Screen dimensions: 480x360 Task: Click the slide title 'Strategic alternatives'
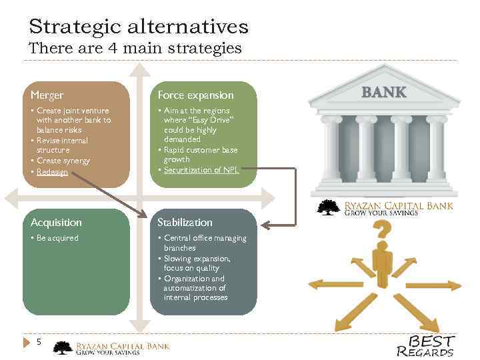[139, 27]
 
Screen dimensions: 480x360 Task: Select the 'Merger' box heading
[47, 95]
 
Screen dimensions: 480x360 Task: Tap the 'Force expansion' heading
[195, 95]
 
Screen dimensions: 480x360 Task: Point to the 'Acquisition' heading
[56, 222]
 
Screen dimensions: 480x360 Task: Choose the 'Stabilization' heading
[185, 222]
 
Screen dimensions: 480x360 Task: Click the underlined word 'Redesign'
[52, 171]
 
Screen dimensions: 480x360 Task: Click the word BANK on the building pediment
[383, 92]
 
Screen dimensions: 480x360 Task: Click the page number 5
[39, 342]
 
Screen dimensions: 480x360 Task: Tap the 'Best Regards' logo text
[427, 345]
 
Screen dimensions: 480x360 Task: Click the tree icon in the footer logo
[63, 348]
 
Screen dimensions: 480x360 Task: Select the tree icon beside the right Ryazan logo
[328, 207]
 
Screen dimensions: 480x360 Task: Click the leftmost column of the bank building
[331, 149]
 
